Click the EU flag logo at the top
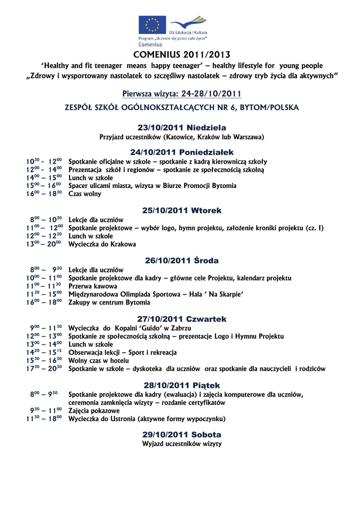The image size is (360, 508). [x=152, y=24]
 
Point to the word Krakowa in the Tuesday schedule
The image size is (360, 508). [x=124, y=244]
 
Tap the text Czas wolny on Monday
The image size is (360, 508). [x=84, y=194]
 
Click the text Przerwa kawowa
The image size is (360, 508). [x=93, y=286]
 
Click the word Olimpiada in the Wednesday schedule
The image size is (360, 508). [x=134, y=294]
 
